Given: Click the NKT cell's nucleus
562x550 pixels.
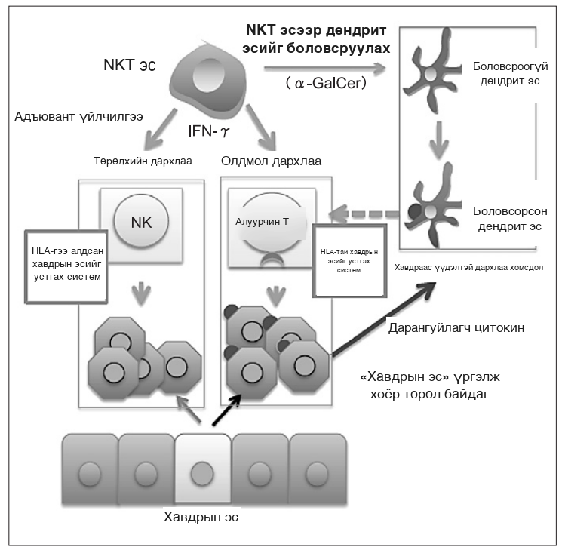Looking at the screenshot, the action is click(209, 75).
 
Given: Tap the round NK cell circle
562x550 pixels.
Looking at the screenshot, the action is click(141, 221).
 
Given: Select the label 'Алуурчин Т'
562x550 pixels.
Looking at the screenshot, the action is click(262, 222).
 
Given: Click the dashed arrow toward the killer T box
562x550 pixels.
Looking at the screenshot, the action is click(364, 214).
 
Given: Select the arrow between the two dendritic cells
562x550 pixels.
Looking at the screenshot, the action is click(439, 140).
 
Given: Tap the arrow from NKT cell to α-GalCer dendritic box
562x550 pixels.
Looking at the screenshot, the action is click(324, 68).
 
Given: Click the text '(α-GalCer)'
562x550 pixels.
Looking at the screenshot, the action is click(326, 83).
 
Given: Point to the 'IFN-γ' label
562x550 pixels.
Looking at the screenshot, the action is click(209, 131).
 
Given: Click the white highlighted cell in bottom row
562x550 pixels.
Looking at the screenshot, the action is click(203, 469).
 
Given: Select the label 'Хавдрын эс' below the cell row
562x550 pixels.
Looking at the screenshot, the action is click(201, 517).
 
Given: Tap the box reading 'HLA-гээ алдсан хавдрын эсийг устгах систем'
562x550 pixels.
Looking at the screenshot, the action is click(66, 267).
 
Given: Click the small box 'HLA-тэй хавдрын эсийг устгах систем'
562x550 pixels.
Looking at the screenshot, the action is click(349, 260).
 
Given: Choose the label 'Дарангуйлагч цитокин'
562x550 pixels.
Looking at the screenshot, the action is click(456, 327).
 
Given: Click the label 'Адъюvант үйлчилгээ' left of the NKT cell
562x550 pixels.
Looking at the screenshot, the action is click(79, 116).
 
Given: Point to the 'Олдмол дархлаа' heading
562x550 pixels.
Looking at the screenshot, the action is click(271, 161).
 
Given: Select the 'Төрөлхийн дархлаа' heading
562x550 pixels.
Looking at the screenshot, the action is click(143, 161).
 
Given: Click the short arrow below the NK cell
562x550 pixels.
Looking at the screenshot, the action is click(141, 293).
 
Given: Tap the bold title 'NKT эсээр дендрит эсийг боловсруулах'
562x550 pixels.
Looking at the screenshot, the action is click(316, 38).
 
